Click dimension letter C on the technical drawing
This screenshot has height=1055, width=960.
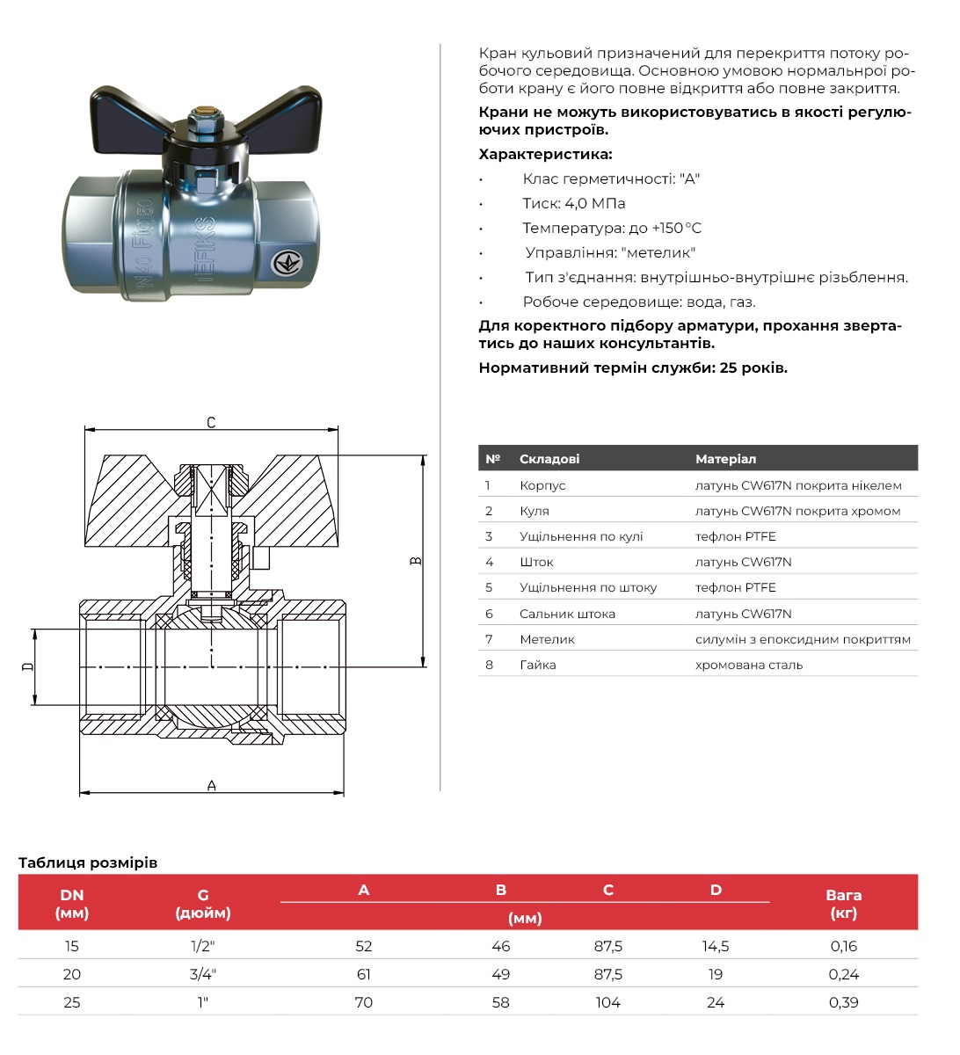[211, 423]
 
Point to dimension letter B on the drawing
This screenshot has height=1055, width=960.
[417, 560]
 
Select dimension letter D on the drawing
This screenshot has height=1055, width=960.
[27, 666]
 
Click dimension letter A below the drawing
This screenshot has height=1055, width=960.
[211, 785]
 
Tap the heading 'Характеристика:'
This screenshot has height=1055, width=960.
[545, 154]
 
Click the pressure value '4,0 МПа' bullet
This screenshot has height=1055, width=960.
[574, 203]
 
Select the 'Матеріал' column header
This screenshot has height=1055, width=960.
[725, 459]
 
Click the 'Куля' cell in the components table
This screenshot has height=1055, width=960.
[535, 511]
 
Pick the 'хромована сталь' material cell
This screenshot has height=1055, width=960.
[749, 665]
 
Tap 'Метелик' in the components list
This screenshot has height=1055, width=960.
[547, 639]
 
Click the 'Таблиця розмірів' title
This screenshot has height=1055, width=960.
[88, 862]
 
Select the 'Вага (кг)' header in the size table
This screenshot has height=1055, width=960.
[843, 904]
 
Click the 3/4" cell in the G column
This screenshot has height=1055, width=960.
[203, 974]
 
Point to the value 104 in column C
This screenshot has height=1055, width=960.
[607, 1002]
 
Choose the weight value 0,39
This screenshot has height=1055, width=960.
[843, 1002]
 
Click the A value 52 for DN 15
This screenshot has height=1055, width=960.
[364, 946]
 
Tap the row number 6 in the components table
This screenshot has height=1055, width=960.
[490, 614]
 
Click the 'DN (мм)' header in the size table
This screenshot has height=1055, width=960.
[72, 904]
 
